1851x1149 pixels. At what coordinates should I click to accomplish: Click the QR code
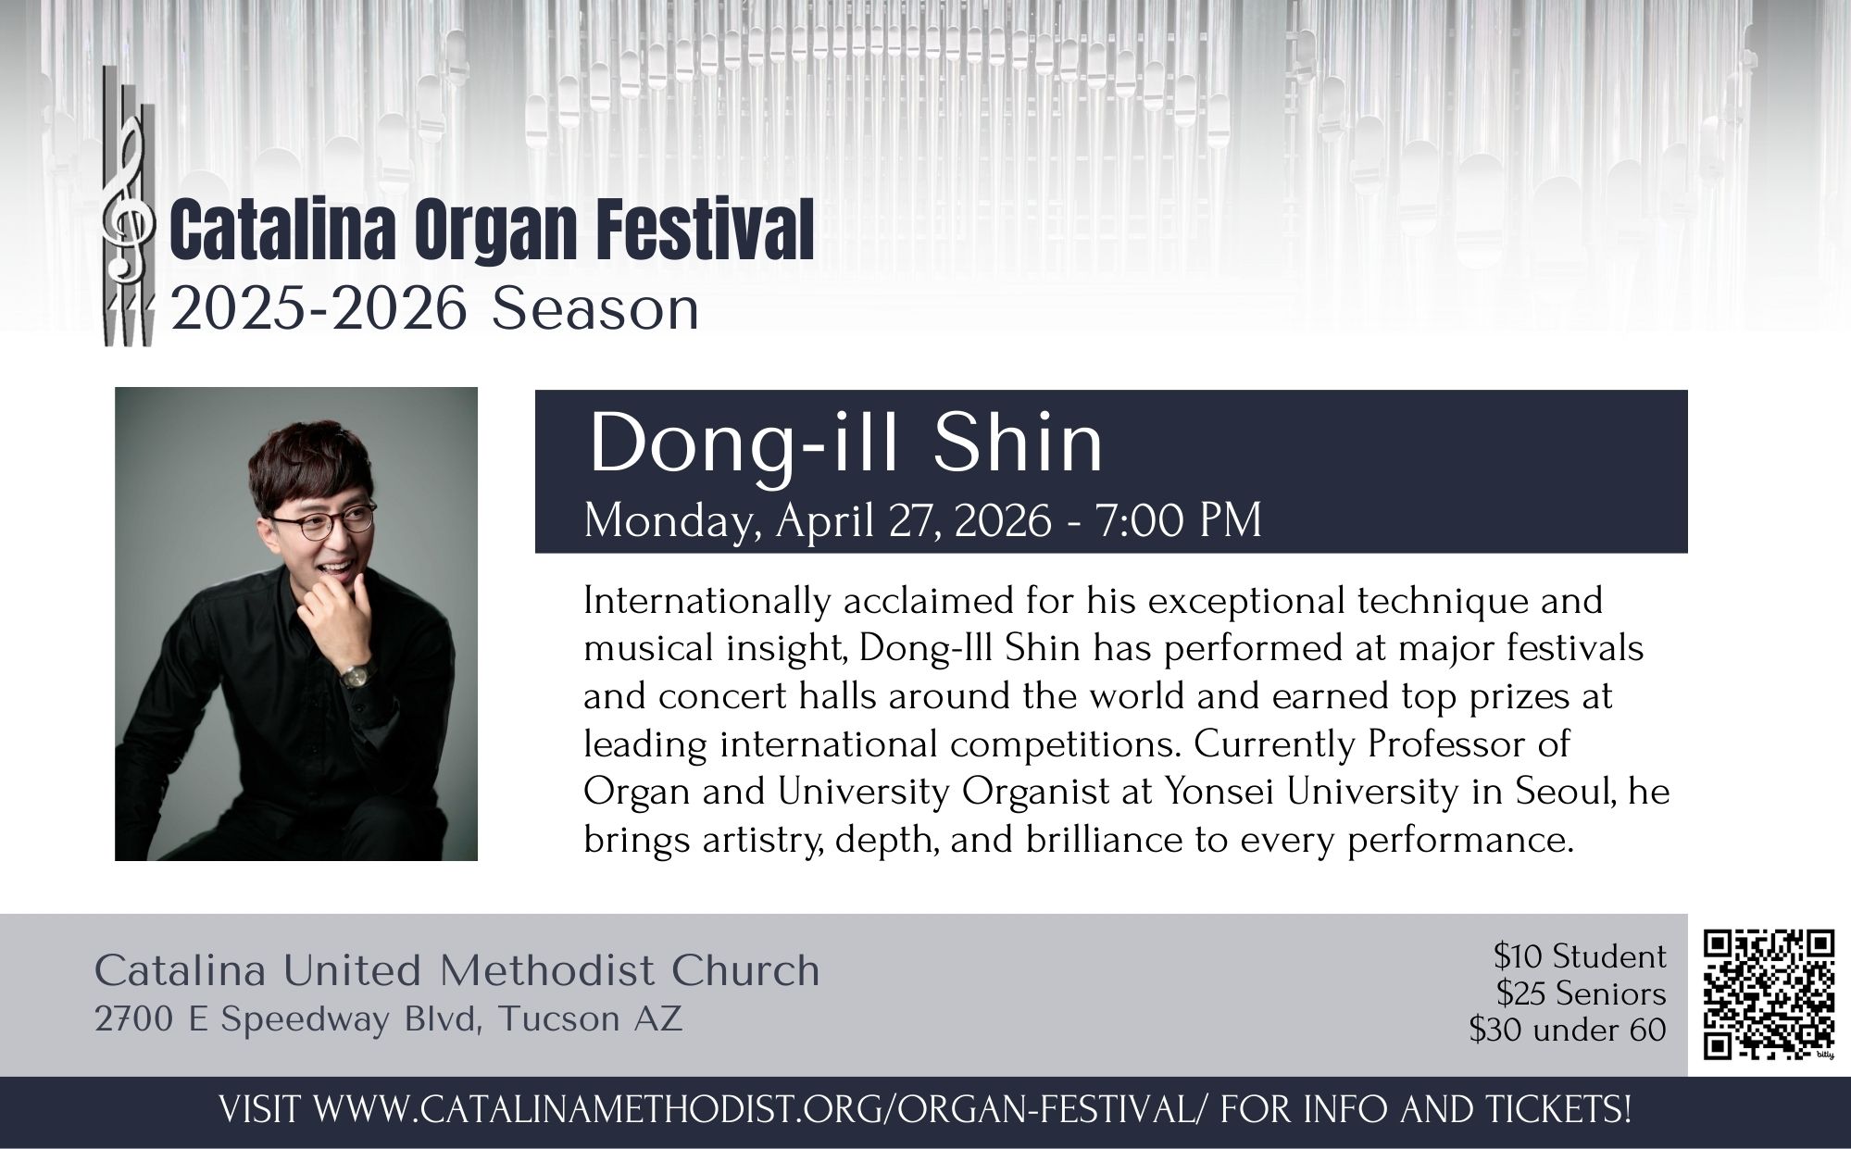coord(1770,994)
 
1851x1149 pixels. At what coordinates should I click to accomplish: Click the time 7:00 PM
coord(1179,519)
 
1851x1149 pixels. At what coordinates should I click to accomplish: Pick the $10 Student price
coord(1580,955)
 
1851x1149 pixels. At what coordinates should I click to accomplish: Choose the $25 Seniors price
coord(1582,993)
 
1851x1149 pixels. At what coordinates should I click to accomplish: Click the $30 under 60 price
coord(1568,1030)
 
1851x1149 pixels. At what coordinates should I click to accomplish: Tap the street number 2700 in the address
coord(133,1019)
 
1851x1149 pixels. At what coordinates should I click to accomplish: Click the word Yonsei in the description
coord(1229,792)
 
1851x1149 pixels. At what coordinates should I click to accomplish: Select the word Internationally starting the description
coord(707,602)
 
